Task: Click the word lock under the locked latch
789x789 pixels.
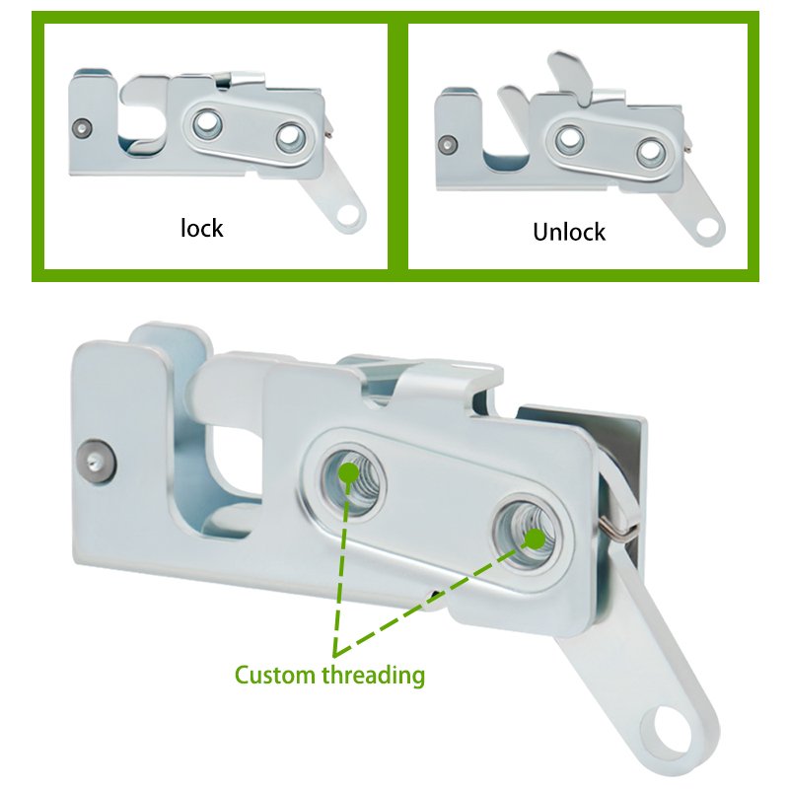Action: coord(202,229)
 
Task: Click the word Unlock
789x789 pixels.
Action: coord(569,232)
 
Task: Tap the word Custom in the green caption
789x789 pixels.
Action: coord(275,675)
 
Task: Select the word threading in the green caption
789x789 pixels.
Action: coord(374,676)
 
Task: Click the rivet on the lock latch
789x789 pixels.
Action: coord(82,128)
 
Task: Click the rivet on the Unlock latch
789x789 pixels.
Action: coord(448,144)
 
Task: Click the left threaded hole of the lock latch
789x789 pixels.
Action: coord(207,123)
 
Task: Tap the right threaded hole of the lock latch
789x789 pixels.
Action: coord(290,137)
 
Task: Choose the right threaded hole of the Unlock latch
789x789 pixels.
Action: coord(650,153)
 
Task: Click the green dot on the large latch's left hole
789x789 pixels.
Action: coord(348,473)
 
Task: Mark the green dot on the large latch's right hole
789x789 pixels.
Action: coord(535,538)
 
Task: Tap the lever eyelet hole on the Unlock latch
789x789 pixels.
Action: coord(708,230)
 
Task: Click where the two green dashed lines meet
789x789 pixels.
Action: coord(335,654)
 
